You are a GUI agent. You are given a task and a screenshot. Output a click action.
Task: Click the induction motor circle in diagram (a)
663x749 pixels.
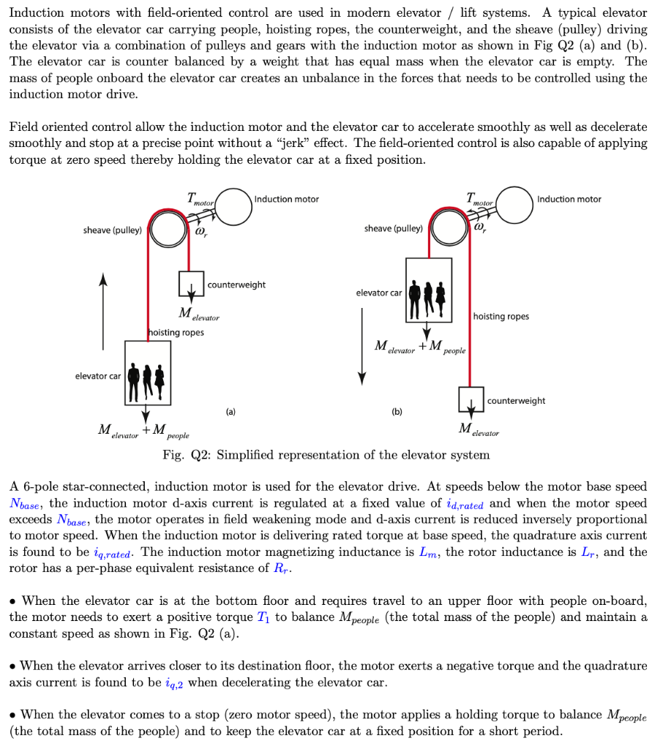pos(233,206)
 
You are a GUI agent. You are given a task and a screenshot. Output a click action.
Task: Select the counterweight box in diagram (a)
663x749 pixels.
pos(190,285)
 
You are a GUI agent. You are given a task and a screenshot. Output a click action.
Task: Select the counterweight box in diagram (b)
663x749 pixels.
pos(471,399)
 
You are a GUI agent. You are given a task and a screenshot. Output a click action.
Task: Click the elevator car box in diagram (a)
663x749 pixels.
pos(148,373)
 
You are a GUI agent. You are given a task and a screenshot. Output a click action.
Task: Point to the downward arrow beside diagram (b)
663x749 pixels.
pos(362,345)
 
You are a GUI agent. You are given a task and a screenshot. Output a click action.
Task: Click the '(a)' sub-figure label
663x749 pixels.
pos(231,412)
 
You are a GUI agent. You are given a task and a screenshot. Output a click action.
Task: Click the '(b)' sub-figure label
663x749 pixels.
pos(397,412)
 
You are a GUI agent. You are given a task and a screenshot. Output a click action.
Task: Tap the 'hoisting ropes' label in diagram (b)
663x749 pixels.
pos(501,317)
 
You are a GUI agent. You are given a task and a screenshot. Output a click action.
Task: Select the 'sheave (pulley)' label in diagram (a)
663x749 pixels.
pos(113,230)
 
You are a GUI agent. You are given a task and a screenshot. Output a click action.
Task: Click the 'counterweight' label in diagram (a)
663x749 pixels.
pos(236,285)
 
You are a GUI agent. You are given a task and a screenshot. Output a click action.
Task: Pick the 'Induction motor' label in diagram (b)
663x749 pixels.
pos(569,199)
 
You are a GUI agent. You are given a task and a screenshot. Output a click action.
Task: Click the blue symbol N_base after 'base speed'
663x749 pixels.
pos(26,503)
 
